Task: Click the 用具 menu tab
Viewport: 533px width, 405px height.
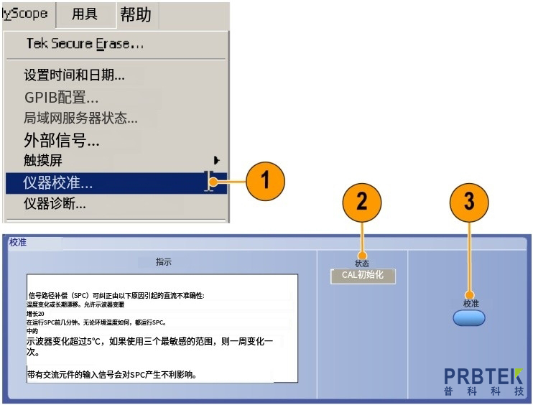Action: (x=84, y=14)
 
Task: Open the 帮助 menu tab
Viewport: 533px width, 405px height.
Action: (x=135, y=14)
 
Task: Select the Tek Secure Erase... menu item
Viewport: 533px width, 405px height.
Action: (x=85, y=44)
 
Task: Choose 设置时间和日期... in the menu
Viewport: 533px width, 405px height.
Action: (x=74, y=75)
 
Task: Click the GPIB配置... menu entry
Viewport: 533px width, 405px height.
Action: (x=61, y=97)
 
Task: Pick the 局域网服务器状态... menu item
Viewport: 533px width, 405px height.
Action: (x=80, y=118)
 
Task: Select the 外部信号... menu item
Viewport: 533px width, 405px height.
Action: (x=61, y=140)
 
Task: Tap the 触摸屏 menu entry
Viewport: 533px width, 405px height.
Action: (x=43, y=161)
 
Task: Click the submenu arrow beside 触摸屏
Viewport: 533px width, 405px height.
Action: (x=216, y=161)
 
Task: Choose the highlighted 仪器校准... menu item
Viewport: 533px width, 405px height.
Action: (x=57, y=183)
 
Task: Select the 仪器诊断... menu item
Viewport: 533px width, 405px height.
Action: (x=55, y=204)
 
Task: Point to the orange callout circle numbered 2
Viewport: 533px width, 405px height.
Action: (x=362, y=202)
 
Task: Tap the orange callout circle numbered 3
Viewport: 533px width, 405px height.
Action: (x=469, y=202)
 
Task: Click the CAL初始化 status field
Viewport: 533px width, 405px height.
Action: (x=363, y=276)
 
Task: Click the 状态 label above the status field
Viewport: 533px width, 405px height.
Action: (x=362, y=264)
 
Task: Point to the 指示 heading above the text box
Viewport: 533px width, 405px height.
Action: (x=164, y=262)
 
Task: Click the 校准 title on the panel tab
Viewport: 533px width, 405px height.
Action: (x=18, y=243)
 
